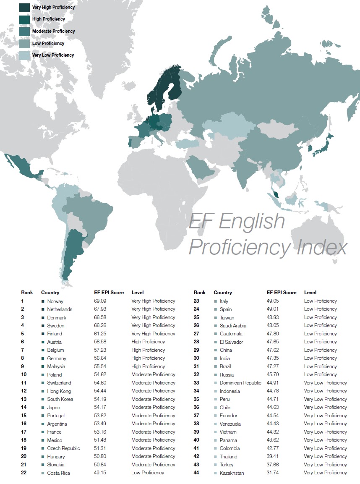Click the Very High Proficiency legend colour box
pos(24,7)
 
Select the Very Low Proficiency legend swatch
pos(24,55)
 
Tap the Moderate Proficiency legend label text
pos(53,31)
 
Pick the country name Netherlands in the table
pos(60,309)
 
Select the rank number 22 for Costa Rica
pos(24,473)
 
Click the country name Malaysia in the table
pos(56,366)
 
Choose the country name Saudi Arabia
pos(233,326)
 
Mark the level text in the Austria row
pos(148,342)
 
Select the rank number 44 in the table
pos(196,473)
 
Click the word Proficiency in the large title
pos(239,248)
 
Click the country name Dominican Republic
pos(240,383)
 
